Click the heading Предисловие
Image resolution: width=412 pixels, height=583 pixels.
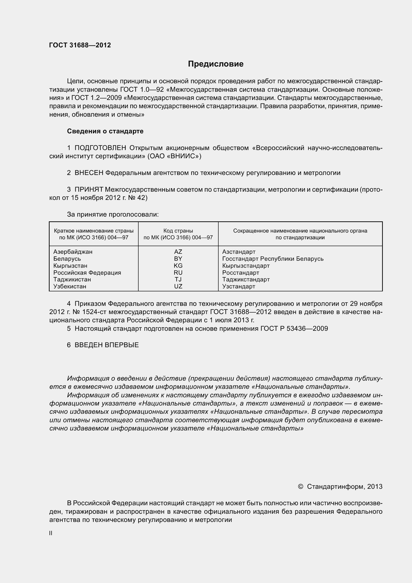tap(216, 64)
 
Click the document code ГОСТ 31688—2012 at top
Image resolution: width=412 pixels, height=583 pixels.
tap(80, 45)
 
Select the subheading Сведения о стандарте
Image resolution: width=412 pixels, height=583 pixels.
tap(105, 131)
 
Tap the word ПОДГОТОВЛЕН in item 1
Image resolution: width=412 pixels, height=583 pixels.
tap(100, 148)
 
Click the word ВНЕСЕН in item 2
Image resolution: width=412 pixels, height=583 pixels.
tap(89, 173)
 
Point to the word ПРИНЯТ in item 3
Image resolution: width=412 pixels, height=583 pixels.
tap(89, 189)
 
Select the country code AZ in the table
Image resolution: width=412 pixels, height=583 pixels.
tap(178, 252)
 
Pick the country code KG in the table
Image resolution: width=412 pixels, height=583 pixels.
tap(178, 266)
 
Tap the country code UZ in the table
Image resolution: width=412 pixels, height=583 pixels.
tap(178, 286)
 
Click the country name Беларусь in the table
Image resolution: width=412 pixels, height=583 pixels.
tap(67, 259)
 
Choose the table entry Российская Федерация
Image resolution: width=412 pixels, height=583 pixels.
tap(87, 272)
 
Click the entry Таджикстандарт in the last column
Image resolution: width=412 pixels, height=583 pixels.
tap(246, 279)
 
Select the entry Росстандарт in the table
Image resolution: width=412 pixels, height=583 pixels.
tap(241, 272)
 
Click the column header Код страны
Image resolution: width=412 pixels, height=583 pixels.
tap(178, 231)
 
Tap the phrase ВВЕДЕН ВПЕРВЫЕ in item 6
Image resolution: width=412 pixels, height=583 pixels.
tap(107, 345)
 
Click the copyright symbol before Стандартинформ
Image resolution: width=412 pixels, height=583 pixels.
tap(300, 487)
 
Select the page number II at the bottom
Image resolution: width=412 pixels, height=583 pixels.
tap(51, 533)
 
